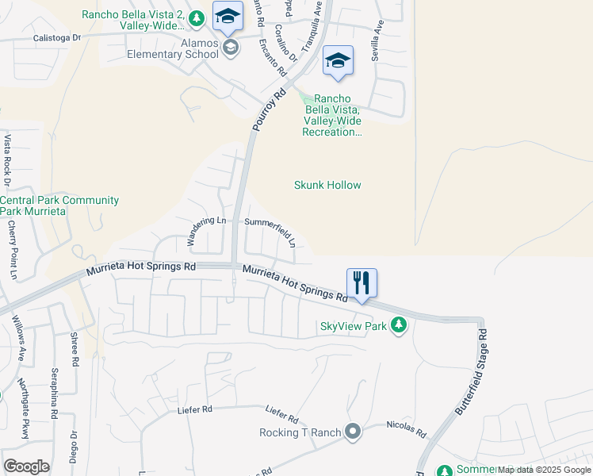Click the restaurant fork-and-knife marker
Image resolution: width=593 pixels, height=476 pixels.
click(361, 282)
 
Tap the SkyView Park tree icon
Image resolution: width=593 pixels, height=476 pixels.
click(400, 325)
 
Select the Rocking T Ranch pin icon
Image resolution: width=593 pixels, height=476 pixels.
click(353, 432)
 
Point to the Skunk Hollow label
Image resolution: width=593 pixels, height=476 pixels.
click(327, 185)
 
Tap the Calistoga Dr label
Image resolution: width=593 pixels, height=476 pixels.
click(57, 37)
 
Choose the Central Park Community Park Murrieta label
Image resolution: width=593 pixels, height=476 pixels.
click(59, 206)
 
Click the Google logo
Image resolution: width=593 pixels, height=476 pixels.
click(26, 466)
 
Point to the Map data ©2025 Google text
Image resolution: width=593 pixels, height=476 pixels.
click(544, 470)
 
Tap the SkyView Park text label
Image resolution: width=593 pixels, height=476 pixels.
click(353, 326)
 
